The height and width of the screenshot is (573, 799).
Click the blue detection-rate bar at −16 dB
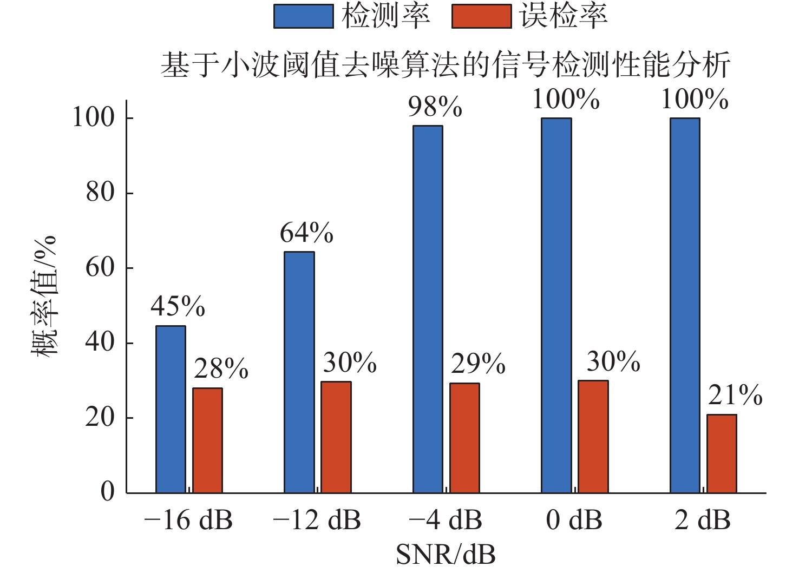point(171,410)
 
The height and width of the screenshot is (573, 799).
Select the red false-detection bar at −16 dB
point(207,440)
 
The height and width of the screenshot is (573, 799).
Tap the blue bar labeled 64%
point(299,372)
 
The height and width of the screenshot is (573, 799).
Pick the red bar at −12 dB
point(336,437)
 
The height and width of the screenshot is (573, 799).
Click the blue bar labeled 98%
point(428,309)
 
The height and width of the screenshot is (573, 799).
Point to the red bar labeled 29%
point(464,438)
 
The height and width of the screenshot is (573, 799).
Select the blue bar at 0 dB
point(556,306)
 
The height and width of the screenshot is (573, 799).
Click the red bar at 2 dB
point(722,454)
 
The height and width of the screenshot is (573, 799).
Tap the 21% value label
point(735,396)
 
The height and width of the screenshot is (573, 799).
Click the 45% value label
point(178,307)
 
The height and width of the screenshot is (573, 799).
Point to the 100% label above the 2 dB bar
point(695,100)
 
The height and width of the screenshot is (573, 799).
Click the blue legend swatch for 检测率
point(303,16)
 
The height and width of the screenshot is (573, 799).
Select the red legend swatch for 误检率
point(481,16)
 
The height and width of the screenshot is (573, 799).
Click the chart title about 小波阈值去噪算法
point(445,65)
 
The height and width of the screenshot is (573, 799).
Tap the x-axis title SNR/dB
point(446,554)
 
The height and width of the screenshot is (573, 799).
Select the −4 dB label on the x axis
point(445,520)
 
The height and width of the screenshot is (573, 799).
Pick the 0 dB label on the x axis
point(574,520)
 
